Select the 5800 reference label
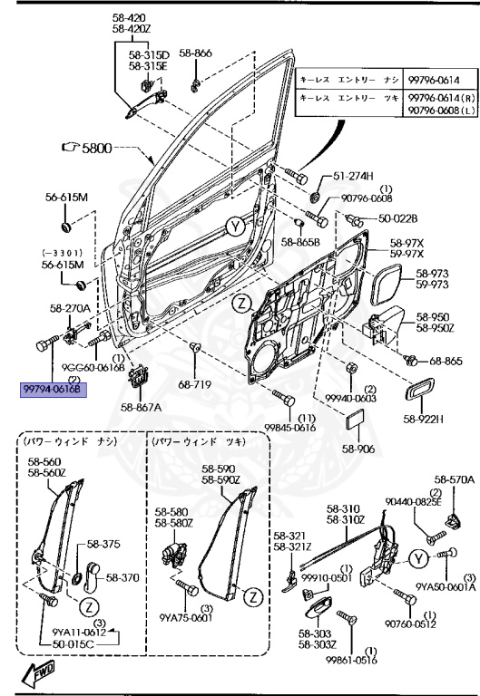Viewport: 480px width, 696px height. pyautogui.click(x=95, y=146)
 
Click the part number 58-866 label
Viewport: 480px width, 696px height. pyautogui.click(x=197, y=53)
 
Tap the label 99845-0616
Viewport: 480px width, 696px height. pyautogui.click(x=289, y=428)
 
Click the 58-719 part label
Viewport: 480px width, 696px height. pyautogui.click(x=195, y=384)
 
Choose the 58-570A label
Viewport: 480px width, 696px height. pyautogui.click(x=454, y=479)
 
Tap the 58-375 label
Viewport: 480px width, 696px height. pyautogui.click(x=103, y=544)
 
